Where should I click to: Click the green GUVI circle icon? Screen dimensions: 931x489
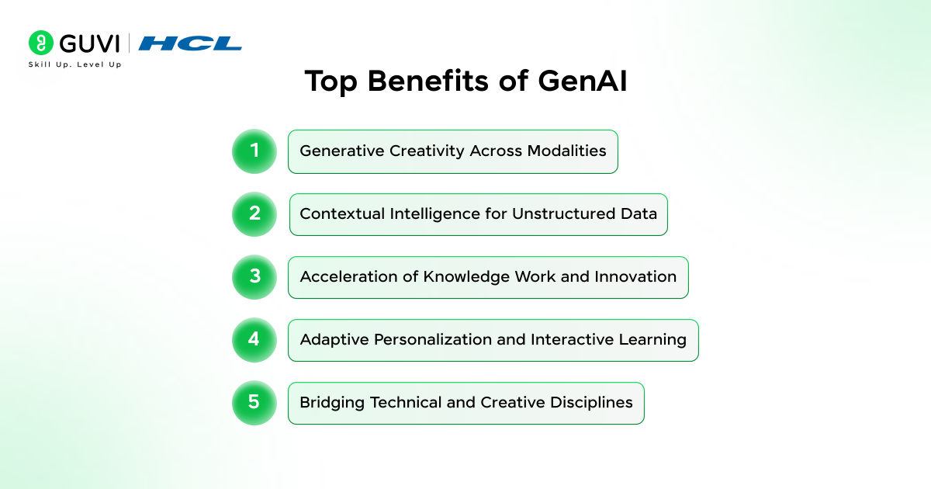[40, 43]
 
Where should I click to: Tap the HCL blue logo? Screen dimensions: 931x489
[190, 43]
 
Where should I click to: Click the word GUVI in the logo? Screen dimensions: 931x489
[89, 43]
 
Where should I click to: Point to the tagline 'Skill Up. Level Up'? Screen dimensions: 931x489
[74, 64]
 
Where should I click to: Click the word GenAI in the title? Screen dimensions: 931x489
[583, 81]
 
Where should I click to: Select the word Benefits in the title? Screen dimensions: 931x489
[428, 81]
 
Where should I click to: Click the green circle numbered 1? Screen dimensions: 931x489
[254, 151]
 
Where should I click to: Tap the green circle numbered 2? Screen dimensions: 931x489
[254, 214]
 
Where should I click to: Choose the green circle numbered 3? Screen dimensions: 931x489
[254, 277]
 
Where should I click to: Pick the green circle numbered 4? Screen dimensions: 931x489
[254, 340]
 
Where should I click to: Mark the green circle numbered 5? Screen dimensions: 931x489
[254, 403]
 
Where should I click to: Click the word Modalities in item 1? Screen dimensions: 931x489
[566, 151]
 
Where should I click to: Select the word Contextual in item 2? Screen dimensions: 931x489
[342, 213]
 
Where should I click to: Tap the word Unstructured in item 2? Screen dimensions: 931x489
[563, 213]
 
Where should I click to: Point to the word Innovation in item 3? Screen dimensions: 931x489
[635, 276]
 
